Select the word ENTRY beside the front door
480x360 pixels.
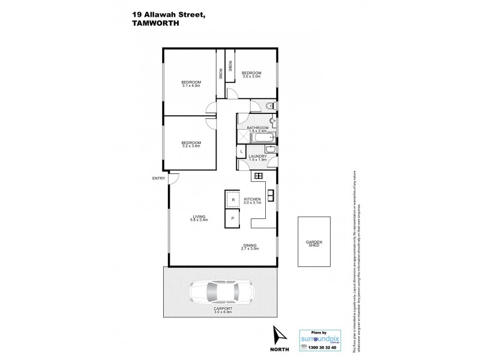(159, 178)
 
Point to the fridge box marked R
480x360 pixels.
(232, 199)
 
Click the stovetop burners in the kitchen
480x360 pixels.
(259, 176)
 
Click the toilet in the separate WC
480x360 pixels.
(270, 107)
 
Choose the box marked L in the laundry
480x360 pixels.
(241, 152)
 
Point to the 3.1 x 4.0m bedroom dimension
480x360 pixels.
(191, 85)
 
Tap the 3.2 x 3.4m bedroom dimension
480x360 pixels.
(191, 146)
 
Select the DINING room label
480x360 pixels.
(250, 244)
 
